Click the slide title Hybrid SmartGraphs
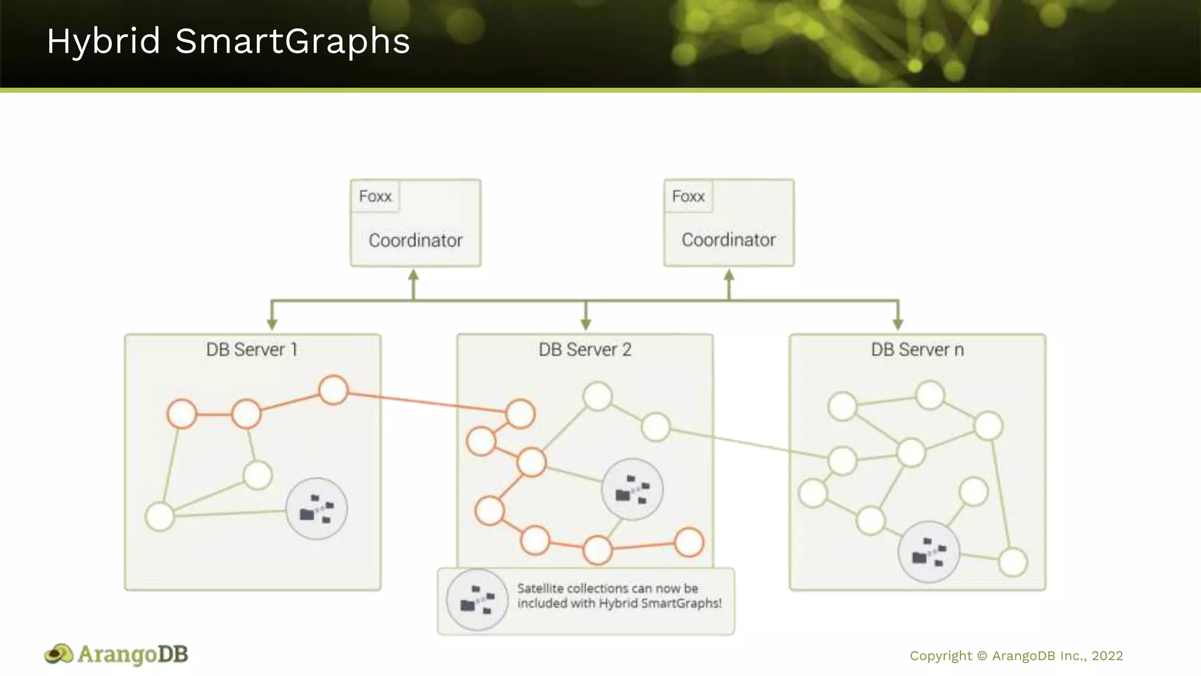pos(228,42)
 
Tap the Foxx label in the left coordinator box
pos(375,196)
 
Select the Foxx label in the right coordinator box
pos(688,196)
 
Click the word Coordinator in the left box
pos(415,240)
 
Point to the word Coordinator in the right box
pos(728,239)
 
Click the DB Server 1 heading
pos(252,350)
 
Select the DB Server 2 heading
pos(585,350)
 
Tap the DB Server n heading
pos(917,350)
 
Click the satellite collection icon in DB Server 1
pos(316,509)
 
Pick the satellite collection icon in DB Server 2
pos(632,489)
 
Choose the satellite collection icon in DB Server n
pos(929,552)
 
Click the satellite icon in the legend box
pos(477,600)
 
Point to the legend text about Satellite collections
pos(619,596)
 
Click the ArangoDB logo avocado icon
pos(59,654)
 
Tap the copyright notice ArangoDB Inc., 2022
pos(1016,655)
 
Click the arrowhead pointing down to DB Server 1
pos(272,324)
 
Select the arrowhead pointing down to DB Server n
pos(898,324)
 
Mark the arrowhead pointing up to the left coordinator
pos(413,276)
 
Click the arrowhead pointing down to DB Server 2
pos(585,324)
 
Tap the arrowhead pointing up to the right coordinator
pos(729,276)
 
